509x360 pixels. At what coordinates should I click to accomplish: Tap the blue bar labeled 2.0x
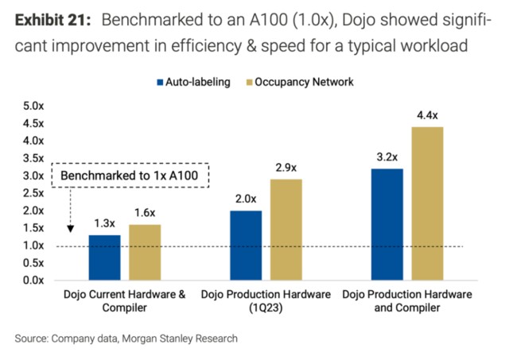(247, 245)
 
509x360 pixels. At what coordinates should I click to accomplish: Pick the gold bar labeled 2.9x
(286, 230)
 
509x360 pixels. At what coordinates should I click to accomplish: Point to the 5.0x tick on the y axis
(33, 106)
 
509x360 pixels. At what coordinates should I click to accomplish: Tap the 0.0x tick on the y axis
(33, 280)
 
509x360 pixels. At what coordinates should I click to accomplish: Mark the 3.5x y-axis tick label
(33, 158)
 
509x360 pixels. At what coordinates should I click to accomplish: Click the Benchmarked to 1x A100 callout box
(129, 175)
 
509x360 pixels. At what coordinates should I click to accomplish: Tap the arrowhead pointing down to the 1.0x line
(71, 229)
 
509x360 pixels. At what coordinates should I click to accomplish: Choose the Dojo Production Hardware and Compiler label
(406, 300)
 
